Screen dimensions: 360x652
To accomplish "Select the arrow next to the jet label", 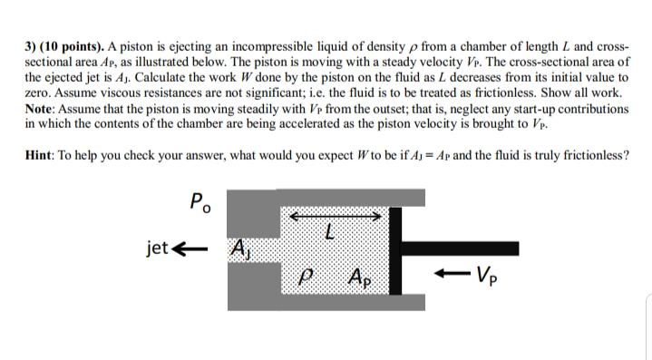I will click(x=192, y=246).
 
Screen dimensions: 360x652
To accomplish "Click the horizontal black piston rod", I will click(x=462, y=247).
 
